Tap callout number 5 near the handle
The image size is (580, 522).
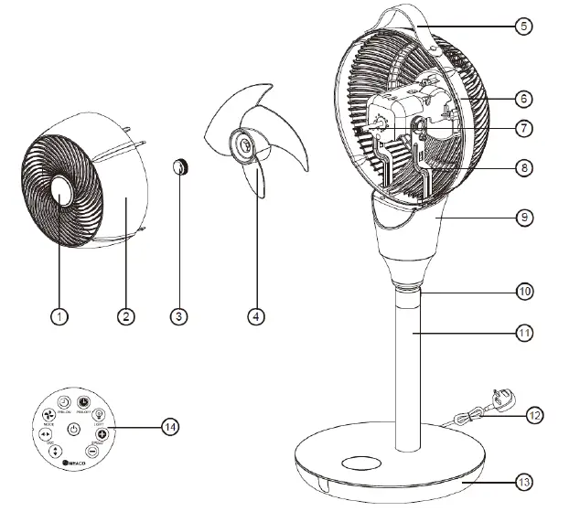click(x=521, y=26)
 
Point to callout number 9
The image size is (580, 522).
click(x=521, y=218)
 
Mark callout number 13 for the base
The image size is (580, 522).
click(x=521, y=480)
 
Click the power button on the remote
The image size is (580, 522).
click(x=74, y=428)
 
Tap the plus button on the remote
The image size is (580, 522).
click(x=102, y=433)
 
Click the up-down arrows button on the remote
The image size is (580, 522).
click(x=56, y=451)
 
